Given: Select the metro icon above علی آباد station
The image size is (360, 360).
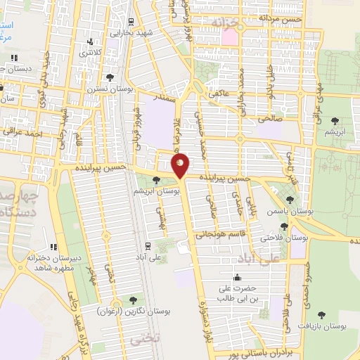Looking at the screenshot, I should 147,246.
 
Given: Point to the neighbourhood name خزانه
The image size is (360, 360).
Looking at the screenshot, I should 226,23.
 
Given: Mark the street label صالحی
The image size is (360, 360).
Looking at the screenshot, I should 270,119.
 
